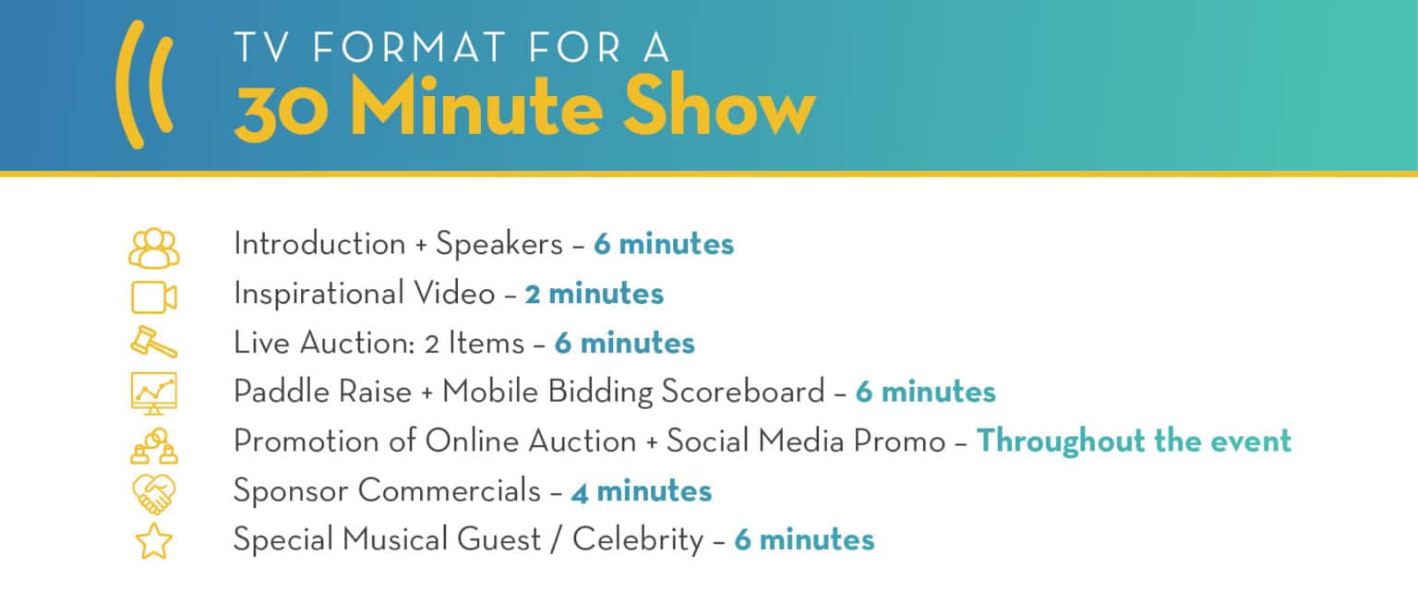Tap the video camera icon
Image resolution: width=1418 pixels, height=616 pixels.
click(x=153, y=296)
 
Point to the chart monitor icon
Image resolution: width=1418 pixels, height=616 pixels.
click(x=153, y=393)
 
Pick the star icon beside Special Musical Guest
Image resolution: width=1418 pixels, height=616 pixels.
click(x=153, y=541)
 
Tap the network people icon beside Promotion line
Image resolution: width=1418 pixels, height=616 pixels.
click(x=153, y=442)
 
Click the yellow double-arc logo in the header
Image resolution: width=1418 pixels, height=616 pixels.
click(x=144, y=85)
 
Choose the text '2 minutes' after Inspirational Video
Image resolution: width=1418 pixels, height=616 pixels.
click(x=594, y=294)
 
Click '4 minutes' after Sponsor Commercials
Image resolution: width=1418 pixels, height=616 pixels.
click(x=641, y=491)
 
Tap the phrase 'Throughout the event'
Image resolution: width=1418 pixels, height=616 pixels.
click(x=1133, y=441)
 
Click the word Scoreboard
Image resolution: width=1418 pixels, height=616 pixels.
click(x=742, y=393)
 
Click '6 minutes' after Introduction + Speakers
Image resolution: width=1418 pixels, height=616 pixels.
click(x=663, y=245)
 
